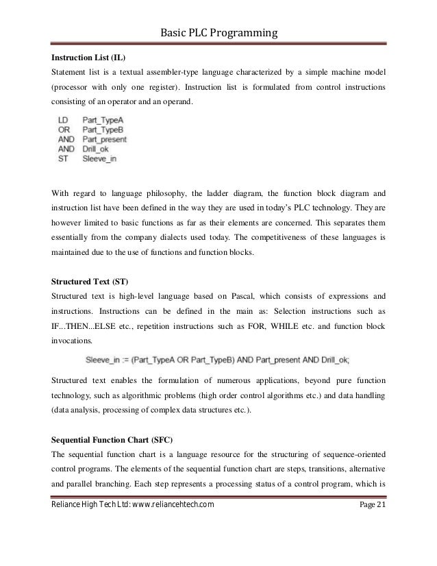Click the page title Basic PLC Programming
218,32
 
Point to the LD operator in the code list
63,119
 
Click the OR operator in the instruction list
64,127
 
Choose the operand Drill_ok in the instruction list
97,147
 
